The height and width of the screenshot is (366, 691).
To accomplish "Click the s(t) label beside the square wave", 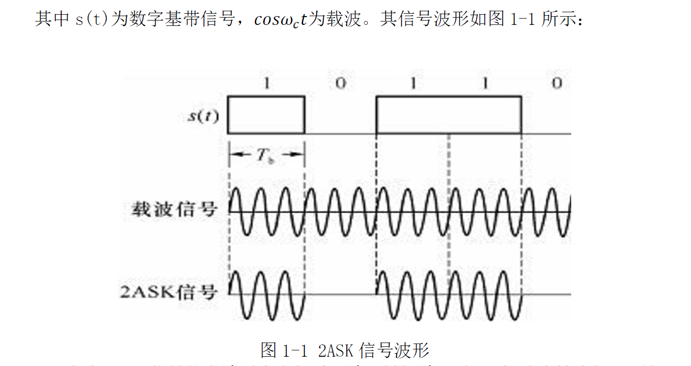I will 204,116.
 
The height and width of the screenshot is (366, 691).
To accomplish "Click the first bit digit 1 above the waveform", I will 267,84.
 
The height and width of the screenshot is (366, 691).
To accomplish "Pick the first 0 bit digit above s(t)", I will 341,84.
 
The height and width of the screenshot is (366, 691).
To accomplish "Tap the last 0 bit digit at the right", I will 557,84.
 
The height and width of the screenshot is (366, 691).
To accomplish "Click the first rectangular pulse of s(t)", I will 267,115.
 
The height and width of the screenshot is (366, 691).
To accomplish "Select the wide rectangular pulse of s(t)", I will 448,115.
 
